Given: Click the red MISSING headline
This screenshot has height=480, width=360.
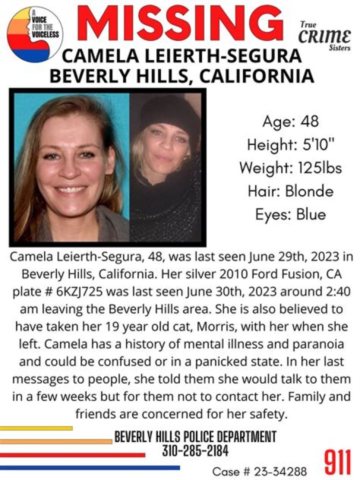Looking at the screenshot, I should (x=180, y=24).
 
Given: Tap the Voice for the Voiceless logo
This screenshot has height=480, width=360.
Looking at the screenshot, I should (x=35, y=34).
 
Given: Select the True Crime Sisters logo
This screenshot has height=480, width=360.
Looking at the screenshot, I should (x=324, y=35).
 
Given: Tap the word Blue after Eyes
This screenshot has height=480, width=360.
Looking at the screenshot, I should (x=311, y=214).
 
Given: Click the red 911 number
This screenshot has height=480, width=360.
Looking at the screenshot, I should (x=337, y=462).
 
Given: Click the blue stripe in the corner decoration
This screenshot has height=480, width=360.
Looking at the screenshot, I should (x=90, y=468).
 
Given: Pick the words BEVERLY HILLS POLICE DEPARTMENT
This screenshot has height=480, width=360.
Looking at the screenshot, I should (x=195, y=436).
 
